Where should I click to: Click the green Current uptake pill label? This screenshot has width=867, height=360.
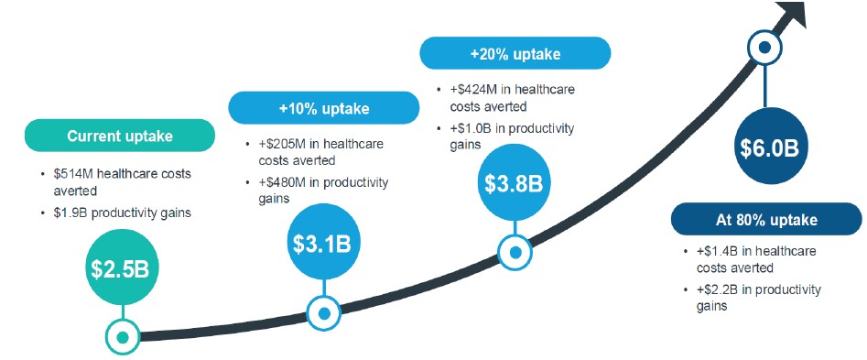coord(119,136)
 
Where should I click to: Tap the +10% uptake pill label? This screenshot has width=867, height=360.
coord(324,108)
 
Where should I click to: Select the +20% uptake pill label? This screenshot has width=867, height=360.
coord(515,53)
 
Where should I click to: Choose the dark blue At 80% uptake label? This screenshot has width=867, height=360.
coord(766,220)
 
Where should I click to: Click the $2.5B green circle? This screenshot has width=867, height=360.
coord(120,267)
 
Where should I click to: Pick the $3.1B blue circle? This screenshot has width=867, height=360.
coord(322,243)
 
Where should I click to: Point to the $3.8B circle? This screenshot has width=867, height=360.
coord(515,183)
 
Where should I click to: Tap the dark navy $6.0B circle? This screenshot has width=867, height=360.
coord(770,146)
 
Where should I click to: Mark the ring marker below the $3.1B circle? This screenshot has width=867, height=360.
coord(324,313)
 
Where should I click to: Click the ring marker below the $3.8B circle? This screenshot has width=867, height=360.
coord(515,253)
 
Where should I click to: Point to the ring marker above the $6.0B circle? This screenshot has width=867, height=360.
coord(765,48)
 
